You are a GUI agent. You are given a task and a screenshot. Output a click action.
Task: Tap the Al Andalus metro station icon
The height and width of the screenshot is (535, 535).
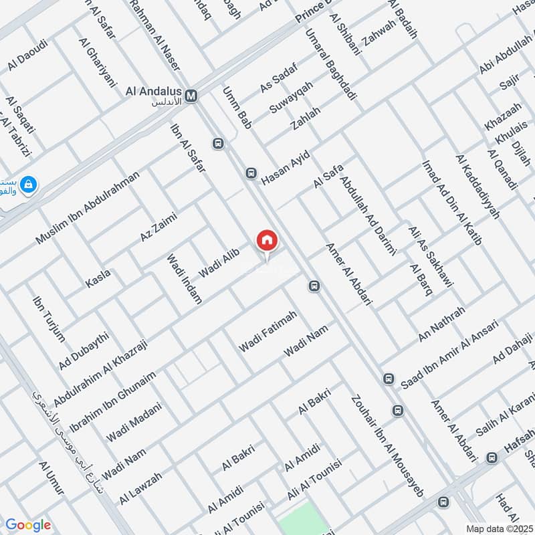(192, 96)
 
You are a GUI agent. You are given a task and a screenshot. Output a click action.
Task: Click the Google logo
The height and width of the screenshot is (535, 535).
(28, 525)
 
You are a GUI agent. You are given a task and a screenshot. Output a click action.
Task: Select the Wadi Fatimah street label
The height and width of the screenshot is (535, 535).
(267, 332)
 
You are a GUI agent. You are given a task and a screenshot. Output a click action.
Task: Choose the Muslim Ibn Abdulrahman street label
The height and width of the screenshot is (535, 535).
(88, 208)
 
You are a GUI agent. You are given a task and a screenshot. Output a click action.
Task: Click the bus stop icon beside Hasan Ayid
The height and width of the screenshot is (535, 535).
(251, 173)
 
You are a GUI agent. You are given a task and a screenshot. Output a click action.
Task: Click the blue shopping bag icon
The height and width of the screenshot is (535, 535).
(29, 183)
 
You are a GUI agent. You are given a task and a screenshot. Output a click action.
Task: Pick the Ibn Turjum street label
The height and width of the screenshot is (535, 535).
(49, 318)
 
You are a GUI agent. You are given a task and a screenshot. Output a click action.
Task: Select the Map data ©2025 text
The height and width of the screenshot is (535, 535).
(499, 528)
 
